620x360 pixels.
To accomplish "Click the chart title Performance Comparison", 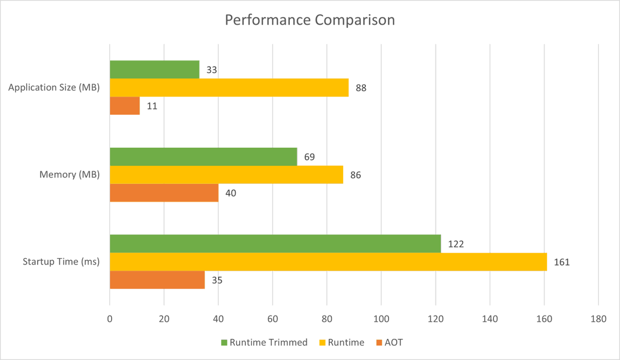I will click(310, 21).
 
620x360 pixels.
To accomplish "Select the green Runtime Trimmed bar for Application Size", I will click(154, 70).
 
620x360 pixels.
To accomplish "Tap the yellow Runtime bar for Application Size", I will click(229, 88).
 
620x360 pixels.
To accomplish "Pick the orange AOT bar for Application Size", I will click(125, 106).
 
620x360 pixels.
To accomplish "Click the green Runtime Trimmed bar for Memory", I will click(203, 156).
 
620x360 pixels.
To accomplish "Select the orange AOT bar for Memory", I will click(164, 193).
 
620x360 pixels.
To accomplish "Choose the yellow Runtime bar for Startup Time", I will click(328, 262).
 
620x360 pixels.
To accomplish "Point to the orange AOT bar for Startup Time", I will click(157, 280).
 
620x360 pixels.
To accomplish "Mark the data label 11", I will click(151, 106).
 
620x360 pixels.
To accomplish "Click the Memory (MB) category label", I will click(70, 175).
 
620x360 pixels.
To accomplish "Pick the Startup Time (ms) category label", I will click(61, 262).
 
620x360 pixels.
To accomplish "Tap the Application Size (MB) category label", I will click(54, 88).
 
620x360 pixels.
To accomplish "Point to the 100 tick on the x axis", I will click(381, 319).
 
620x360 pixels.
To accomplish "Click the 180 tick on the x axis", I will click(598, 319).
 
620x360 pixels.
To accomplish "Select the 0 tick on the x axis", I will click(110, 319).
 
